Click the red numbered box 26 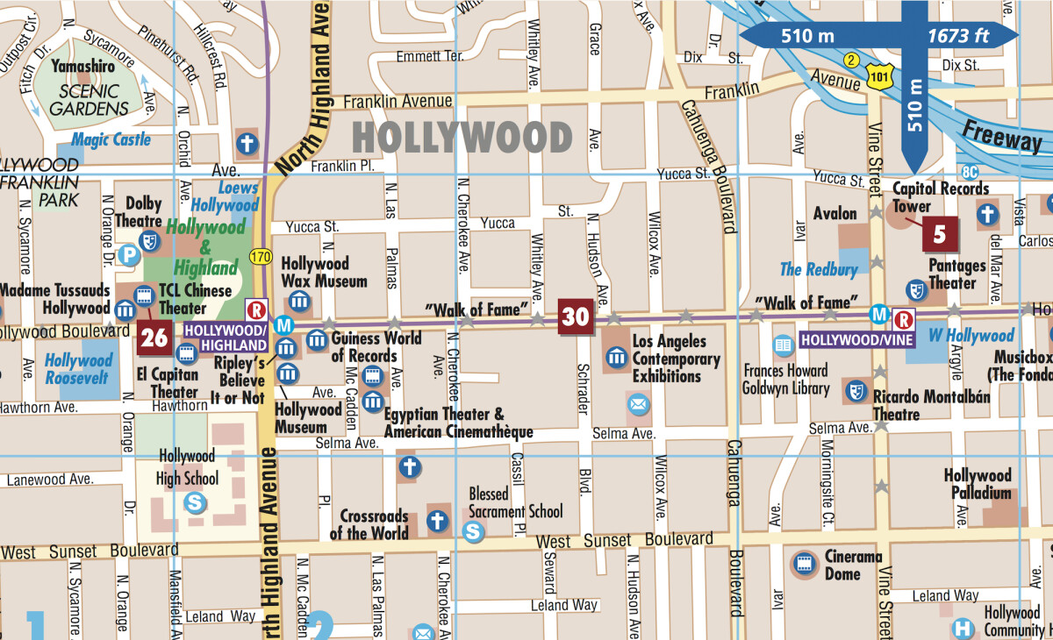point(154,338)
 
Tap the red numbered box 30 point(575,316)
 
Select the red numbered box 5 point(940,235)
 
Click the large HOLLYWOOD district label point(462,138)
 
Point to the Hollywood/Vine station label point(856,339)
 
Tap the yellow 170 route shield point(259,258)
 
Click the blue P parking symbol point(129,256)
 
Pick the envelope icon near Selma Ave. point(638,404)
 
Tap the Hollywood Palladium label point(978,484)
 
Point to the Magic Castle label point(111,139)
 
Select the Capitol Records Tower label point(941,197)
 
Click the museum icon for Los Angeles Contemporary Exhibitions point(617,357)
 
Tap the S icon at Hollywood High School point(194,502)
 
